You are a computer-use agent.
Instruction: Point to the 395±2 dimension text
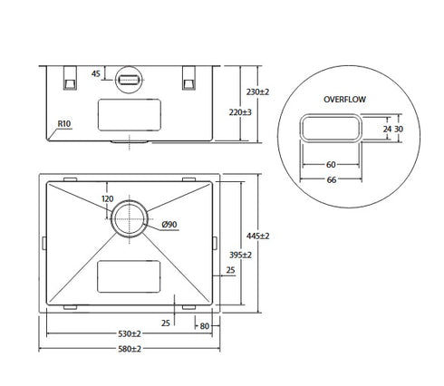239,256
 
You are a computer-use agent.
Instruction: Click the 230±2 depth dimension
257,92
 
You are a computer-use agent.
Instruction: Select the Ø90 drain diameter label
169,224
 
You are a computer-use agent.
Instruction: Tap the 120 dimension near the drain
107,198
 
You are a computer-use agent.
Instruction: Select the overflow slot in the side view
130,81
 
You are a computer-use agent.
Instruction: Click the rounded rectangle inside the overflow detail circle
332,130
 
